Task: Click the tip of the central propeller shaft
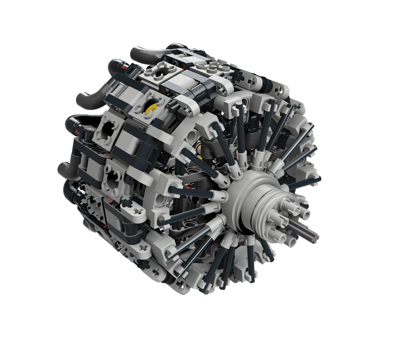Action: pos(316,236)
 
